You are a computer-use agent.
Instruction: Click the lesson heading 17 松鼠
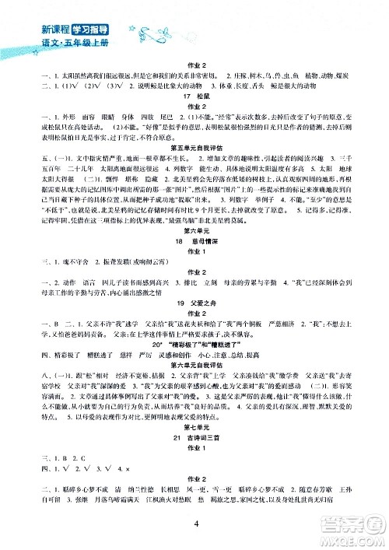194,110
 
